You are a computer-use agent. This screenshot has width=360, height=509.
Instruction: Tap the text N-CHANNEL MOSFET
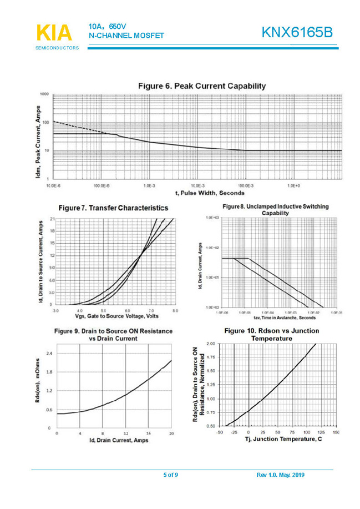tap(126, 36)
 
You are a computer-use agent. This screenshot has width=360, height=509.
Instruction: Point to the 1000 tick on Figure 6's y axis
tap(44, 94)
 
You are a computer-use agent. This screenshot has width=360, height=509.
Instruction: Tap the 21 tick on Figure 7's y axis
tap(52, 220)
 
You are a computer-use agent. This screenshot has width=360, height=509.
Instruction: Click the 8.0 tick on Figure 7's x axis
tap(175, 311)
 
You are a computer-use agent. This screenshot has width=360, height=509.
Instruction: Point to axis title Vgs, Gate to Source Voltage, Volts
tap(114, 316)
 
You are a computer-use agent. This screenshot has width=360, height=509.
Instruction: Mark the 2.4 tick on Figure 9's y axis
tap(49, 353)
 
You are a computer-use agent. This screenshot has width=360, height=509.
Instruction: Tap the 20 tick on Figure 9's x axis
tap(171, 432)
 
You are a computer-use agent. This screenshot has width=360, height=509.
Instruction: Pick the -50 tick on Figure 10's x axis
tap(219, 431)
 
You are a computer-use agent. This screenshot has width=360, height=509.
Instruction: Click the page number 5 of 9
tap(170, 475)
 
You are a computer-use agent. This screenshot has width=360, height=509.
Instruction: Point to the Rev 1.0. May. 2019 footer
tap(281, 475)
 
